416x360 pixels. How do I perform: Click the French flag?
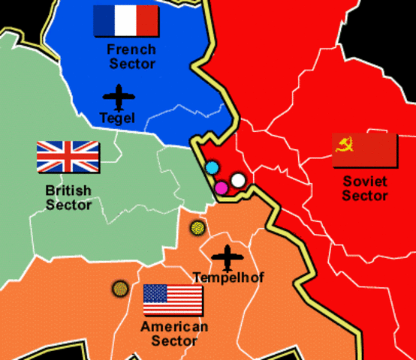coord(125,21)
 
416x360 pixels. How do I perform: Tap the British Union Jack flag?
coord(68,157)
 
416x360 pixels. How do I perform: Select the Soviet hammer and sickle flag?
coord(364,151)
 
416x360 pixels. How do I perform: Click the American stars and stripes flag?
coord(173,300)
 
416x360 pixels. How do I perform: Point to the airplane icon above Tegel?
coord(117,97)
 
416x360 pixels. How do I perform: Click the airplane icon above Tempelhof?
coord(226,257)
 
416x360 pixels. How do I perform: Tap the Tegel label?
coord(116,118)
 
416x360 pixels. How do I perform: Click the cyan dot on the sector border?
coord(213,167)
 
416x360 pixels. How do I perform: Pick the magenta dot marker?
coord(222,187)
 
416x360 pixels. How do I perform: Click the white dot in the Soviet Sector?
coord(238,180)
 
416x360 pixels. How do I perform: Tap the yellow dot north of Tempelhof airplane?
coord(197,227)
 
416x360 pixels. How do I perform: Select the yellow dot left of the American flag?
coord(119,288)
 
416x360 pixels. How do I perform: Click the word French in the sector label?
coord(131,49)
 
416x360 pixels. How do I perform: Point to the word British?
coord(68,190)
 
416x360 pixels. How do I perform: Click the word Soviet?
coord(365,181)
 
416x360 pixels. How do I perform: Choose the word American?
coord(174,327)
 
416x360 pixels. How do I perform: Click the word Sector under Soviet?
coord(365,196)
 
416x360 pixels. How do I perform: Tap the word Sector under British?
coord(68,205)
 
